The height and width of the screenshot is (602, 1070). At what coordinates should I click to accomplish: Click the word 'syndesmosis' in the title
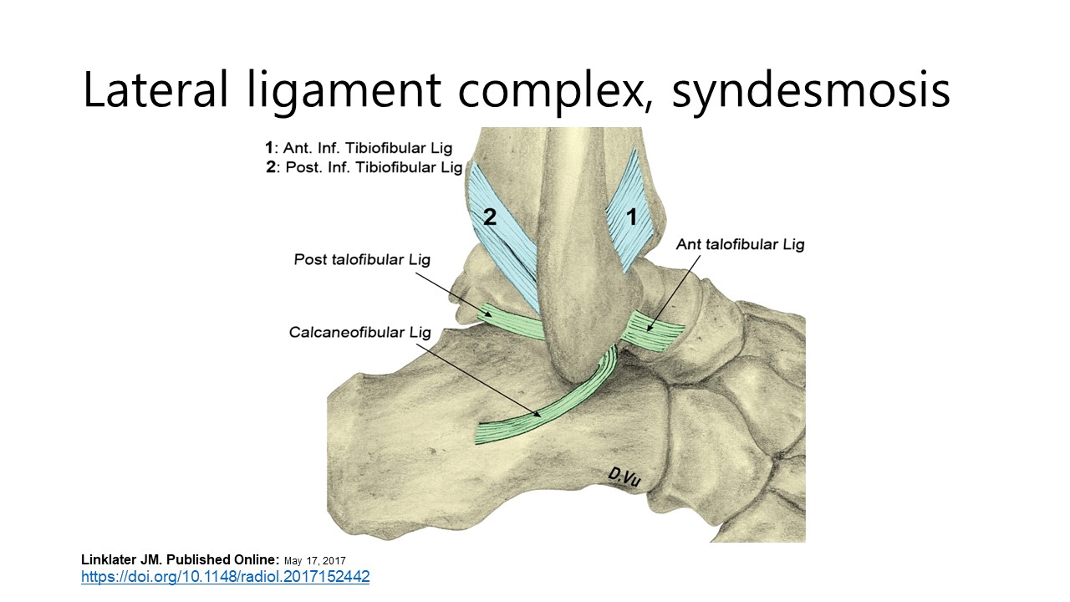(x=811, y=89)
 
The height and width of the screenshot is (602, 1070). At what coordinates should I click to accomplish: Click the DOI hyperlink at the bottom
(x=225, y=577)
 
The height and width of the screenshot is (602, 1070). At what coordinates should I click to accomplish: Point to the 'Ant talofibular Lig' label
(x=740, y=245)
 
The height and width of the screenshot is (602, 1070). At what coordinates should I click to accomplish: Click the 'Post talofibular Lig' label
(x=362, y=259)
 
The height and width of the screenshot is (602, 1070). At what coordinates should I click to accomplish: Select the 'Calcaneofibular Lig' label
(x=360, y=333)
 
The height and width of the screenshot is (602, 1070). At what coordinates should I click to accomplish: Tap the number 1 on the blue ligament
(x=632, y=217)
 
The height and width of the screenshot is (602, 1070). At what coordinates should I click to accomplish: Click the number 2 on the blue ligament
(x=490, y=217)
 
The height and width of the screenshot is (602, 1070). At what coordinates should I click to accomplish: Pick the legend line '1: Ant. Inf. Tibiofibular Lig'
(x=359, y=148)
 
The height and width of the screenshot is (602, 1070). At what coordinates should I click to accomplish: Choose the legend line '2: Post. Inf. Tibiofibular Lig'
(x=364, y=167)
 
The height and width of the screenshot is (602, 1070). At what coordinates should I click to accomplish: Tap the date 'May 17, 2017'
(x=315, y=560)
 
